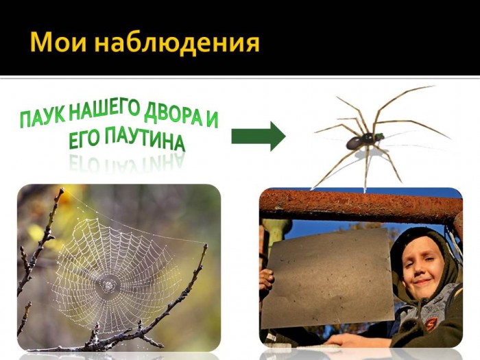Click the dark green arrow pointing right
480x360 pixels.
(259, 136)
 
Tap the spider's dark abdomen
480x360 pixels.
(356, 143)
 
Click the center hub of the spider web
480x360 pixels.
(108, 285)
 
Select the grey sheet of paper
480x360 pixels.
(330, 278)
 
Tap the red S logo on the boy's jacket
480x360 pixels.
(431, 324)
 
